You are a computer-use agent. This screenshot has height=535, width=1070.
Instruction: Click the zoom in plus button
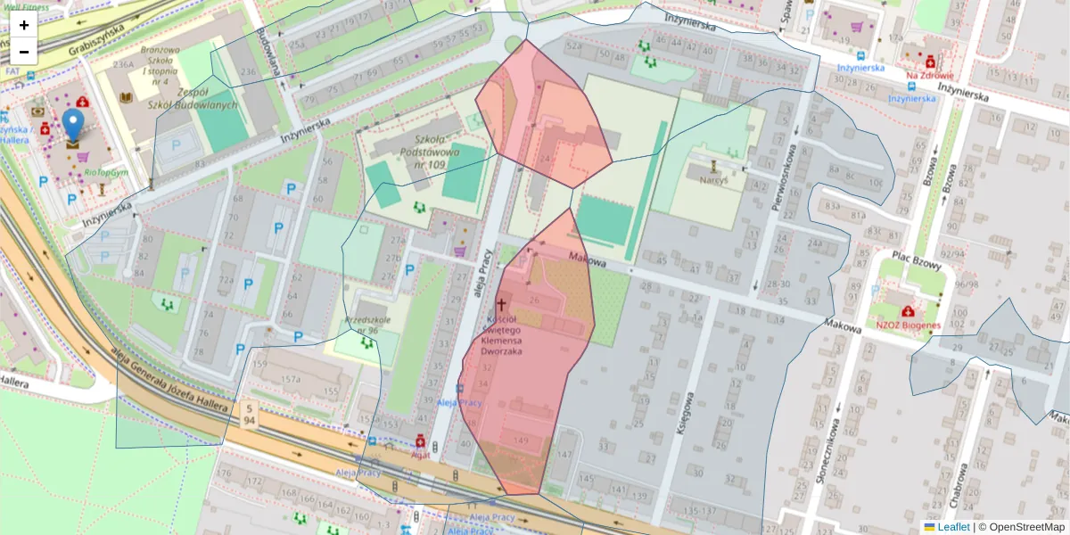24,25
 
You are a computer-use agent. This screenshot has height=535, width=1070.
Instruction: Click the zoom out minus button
24,52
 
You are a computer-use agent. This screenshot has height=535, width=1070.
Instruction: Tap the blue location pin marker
73,128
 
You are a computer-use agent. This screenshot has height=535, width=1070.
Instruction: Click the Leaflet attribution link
951,527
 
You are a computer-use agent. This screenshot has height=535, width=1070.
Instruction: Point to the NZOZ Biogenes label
908,325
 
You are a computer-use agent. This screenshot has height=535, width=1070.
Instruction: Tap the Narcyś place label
713,179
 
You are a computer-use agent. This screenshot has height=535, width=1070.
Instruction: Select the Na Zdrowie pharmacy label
930,76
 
